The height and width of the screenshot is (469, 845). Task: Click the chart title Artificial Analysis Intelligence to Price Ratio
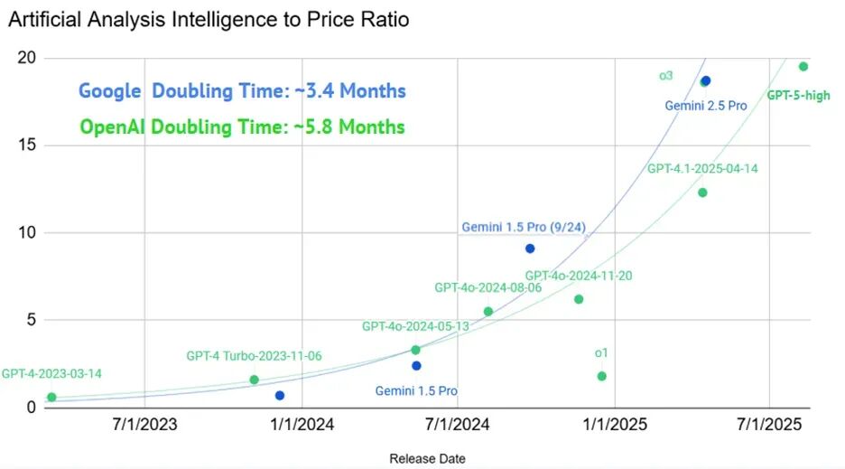tap(209, 19)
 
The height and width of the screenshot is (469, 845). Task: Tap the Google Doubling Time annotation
tap(242, 91)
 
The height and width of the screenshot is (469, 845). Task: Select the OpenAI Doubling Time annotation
tap(242, 127)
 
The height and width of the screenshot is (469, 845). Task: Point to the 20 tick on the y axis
tap(27, 59)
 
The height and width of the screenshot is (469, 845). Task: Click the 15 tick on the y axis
tap(27, 145)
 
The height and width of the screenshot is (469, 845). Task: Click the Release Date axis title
tap(427, 458)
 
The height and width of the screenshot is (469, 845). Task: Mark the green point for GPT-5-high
tap(803, 66)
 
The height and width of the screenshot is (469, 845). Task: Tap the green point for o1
tap(602, 376)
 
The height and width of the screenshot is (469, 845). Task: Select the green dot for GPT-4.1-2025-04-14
tap(702, 192)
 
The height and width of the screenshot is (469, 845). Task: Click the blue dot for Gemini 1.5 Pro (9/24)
tap(530, 249)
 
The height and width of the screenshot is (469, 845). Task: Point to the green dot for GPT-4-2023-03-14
tap(51, 397)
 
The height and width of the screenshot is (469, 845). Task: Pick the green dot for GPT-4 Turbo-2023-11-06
tap(254, 380)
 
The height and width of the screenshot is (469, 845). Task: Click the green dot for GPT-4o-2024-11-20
tap(579, 299)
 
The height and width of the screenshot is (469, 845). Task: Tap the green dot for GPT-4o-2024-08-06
tap(488, 312)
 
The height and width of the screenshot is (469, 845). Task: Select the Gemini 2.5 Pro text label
tap(706, 106)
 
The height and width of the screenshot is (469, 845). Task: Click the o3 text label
tap(665, 76)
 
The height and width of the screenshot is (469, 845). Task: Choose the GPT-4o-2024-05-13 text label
tap(415, 326)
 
